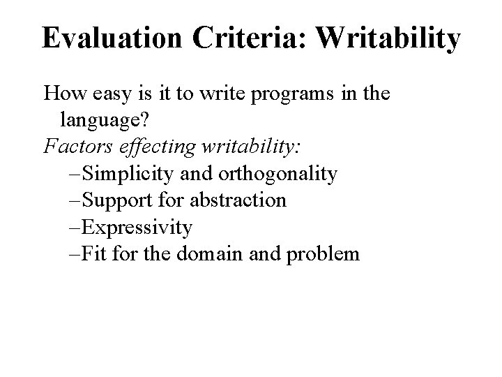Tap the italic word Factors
(75, 147)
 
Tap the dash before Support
(75, 201)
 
